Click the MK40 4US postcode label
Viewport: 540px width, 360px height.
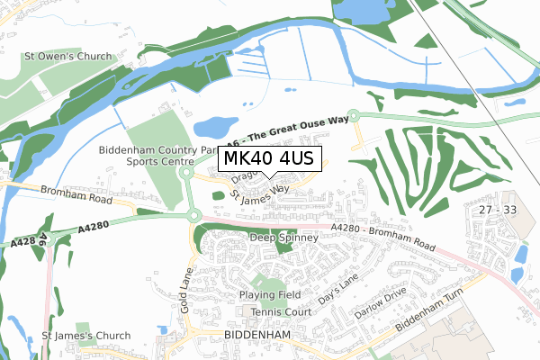point(267,158)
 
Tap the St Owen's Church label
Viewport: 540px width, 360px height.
point(68,57)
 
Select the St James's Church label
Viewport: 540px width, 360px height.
point(86,336)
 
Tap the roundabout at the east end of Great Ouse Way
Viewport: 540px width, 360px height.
point(354,115)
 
